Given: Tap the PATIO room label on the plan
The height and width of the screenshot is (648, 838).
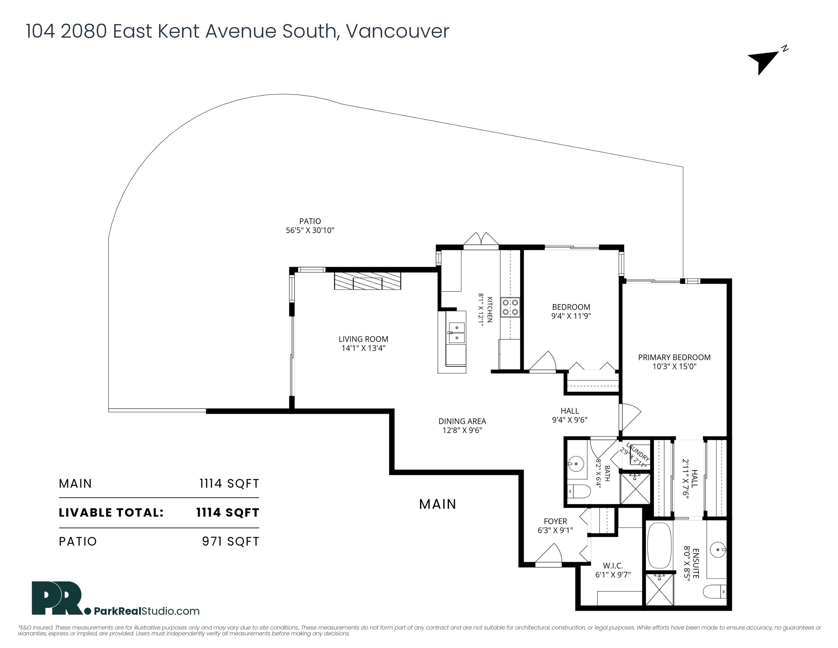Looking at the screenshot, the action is tap(310, 221).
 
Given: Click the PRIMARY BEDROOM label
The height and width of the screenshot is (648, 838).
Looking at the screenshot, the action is tap(674, 357).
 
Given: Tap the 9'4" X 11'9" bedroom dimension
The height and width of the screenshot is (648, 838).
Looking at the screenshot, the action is tap(571, 316).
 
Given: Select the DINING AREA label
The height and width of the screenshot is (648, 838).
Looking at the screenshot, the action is tap(462, 421).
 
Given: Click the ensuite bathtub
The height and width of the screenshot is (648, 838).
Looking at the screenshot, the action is tap(659, 546).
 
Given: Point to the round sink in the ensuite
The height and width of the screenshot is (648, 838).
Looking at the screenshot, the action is tap(717, 550).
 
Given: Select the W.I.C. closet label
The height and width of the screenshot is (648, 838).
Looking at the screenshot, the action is tap(613, 566).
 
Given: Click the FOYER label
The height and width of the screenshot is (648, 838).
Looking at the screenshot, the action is tap(555, 521).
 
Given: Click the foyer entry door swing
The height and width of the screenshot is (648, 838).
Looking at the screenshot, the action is tap(549, 555).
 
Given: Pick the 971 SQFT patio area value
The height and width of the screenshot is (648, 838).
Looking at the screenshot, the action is tap(231, 541).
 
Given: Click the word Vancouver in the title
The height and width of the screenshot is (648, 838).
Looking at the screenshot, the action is tap(397, 31).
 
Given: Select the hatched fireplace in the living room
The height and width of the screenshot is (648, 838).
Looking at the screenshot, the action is tap(368, 281).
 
